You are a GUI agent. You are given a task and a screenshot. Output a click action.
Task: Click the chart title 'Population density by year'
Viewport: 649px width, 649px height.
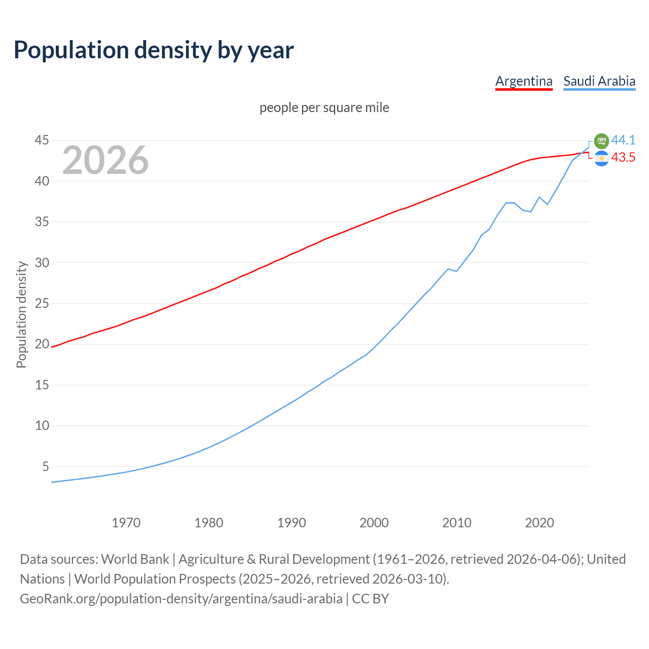coord(154,50)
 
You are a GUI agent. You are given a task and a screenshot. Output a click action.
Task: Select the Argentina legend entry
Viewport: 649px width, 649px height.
coord(524,81)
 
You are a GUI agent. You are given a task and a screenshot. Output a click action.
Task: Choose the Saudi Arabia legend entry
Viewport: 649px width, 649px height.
coord(599,81)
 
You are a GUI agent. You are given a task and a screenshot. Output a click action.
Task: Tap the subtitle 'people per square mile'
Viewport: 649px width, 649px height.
coord(324,108)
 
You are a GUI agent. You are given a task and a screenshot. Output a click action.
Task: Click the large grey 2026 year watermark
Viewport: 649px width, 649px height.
coord(105,160)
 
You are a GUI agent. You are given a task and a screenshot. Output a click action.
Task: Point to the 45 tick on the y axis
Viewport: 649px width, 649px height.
coord(42,140)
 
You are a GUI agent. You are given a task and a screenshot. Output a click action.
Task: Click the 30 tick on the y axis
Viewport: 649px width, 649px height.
coord(42,263)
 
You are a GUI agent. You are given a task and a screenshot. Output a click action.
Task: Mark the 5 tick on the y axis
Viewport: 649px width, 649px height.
coord(46,466)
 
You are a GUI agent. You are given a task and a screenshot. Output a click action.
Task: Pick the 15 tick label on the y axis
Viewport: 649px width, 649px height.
coord(42,385)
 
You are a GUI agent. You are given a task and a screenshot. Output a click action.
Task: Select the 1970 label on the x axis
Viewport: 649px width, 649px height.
coord(126,523)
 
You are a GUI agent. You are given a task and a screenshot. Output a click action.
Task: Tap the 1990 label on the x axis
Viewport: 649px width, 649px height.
coord(292,523)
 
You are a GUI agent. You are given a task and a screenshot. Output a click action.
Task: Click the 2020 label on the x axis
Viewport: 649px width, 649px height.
coord(539,523)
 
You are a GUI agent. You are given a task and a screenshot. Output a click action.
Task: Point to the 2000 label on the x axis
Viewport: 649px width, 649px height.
coord(374,523)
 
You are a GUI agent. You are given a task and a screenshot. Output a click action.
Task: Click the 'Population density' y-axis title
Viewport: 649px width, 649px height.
coord(21,314)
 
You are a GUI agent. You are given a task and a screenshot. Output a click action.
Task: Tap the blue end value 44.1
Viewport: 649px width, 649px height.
coord(623,140)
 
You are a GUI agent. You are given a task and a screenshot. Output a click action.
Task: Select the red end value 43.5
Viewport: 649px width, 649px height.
coord(623,158)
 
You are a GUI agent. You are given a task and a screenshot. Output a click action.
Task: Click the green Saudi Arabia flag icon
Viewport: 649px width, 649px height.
coord(601,141)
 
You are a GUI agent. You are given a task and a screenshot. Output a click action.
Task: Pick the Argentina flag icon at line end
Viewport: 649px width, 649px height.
coord(601,159)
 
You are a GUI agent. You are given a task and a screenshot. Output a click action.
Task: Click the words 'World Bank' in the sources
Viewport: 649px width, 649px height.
coord(135,559)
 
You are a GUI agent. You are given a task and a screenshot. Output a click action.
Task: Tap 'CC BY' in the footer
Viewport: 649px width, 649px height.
coord(371,599)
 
